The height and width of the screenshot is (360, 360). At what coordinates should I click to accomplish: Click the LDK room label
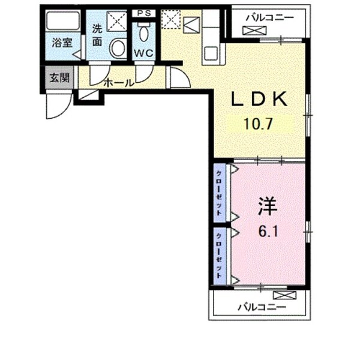click(259, 99)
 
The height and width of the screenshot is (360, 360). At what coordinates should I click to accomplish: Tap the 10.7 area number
click(258, 124)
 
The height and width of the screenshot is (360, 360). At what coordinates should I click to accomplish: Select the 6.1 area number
click(268, 231)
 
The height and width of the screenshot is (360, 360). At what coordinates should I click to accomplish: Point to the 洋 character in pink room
click(268, 206)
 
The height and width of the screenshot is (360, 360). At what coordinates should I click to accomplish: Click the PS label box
click(144, 13)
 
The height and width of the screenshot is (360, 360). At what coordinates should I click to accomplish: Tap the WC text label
click(144, 53)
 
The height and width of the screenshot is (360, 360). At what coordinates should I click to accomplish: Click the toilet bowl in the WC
click(144, 34)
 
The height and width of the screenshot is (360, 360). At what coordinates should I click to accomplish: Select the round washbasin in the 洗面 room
click(118, 48)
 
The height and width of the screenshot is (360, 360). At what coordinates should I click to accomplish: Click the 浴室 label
click(62, 43)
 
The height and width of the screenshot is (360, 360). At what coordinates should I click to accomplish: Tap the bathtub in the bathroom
click(62, 21)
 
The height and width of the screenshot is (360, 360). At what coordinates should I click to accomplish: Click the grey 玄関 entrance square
click(59, 77)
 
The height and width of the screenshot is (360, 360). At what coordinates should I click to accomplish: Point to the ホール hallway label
click(118, 83)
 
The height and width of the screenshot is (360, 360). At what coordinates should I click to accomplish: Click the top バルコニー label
click(270, 17)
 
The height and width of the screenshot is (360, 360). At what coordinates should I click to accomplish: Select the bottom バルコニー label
click(262, 307)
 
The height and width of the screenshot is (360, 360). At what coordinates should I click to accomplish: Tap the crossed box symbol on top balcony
click(254, 31)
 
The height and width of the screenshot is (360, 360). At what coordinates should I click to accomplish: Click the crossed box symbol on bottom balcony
click(284, 295)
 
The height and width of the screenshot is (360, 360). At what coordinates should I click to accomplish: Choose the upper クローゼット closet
click(220, 193)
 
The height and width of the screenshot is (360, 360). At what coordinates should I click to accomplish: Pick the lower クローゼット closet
click(220, 256)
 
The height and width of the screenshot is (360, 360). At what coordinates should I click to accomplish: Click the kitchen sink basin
click(211, 53)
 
